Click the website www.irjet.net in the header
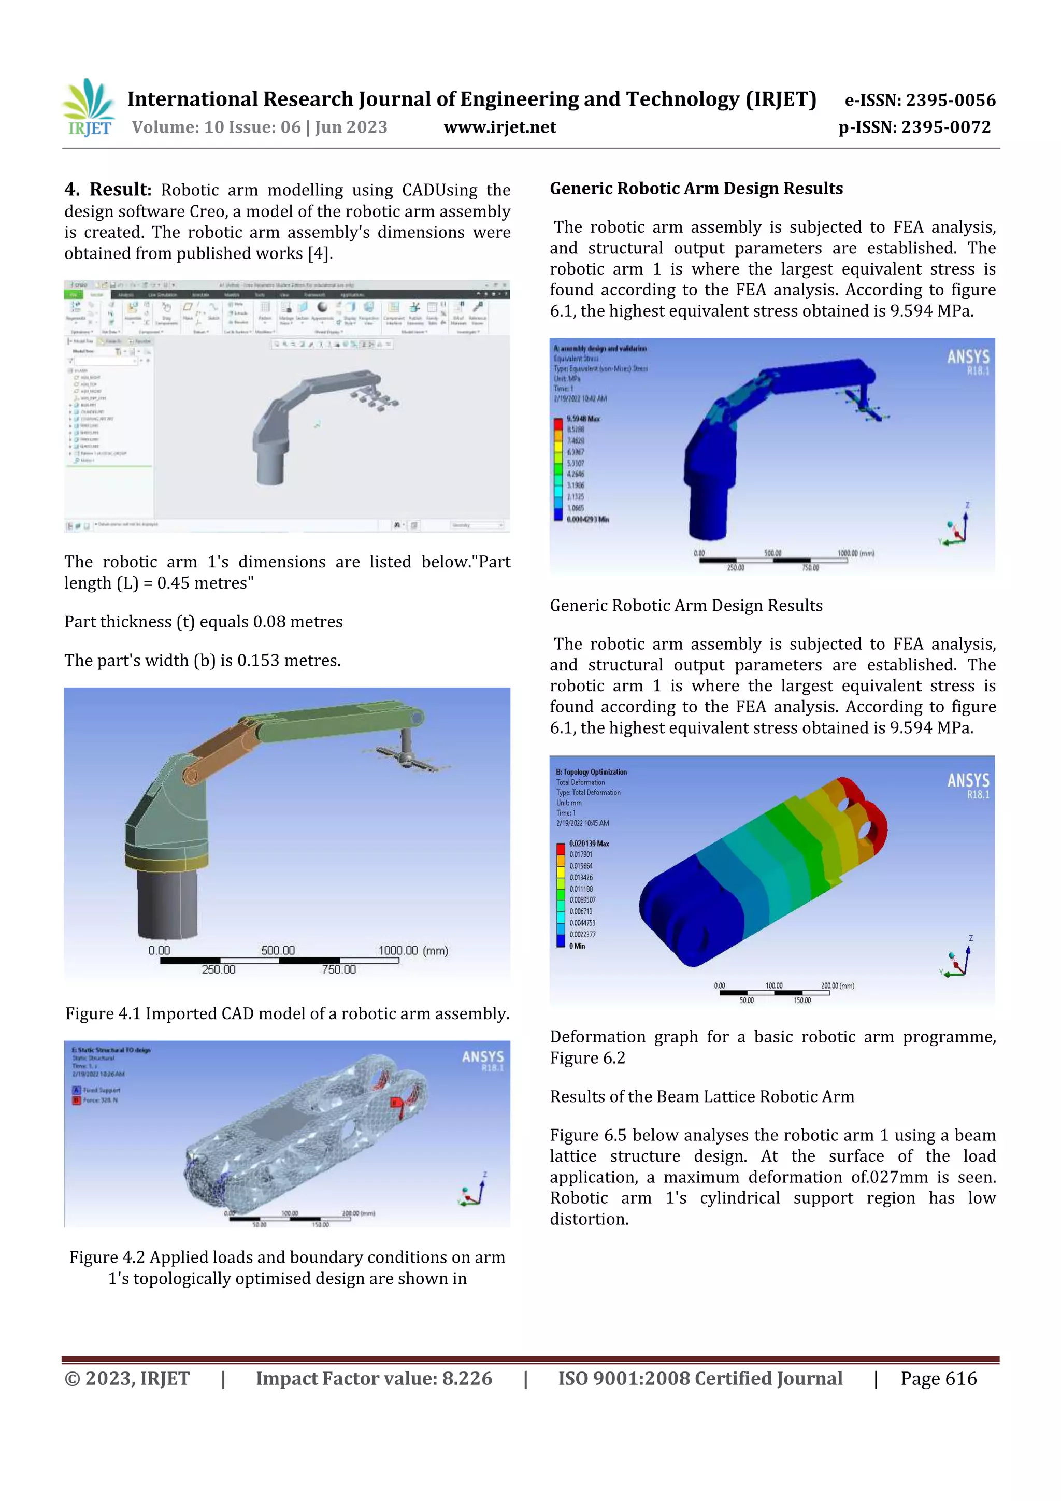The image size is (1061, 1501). tap(499, 127)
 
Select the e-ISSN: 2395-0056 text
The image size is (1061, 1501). tap(920, 100)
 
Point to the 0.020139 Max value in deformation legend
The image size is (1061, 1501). tap(589, 844)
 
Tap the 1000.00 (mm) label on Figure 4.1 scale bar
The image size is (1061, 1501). tap(413, 951)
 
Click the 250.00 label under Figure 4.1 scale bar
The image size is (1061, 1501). tap(218, 969)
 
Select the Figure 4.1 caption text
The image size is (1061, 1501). tap(287, 1013)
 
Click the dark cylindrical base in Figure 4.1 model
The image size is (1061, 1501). tap(168, 902)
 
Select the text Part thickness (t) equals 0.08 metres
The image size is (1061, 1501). tap(203, 622)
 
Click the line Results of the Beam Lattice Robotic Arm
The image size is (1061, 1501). tap(701, 1096)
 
